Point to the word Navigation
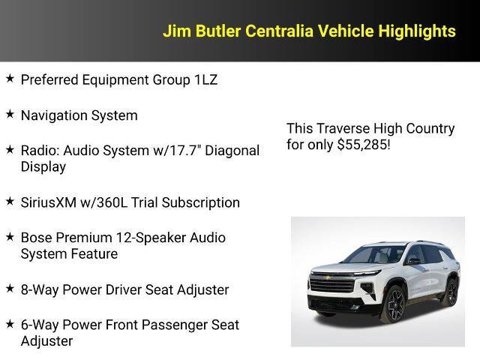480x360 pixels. pos(55,115)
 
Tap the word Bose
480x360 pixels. pos(36,238)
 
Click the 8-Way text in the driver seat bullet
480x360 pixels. pos(40,289)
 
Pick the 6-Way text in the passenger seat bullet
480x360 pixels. pos(40,325)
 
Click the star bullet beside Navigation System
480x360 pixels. pos(10,114)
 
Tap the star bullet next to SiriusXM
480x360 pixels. pos(10,201)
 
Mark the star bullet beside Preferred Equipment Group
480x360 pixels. pos(10,78)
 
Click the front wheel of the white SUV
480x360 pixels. pos(394,302)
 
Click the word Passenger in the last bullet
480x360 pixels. pos(167,325)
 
